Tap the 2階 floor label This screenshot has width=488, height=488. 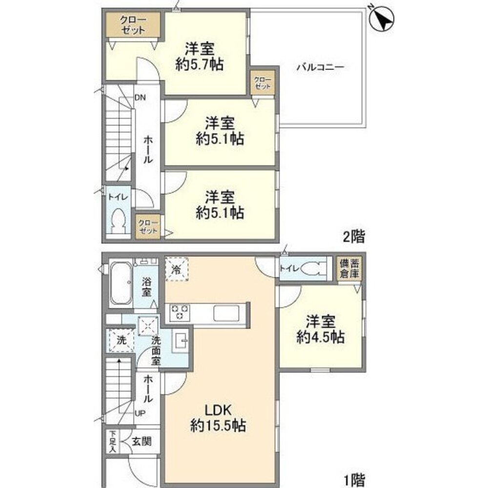pos(354,238)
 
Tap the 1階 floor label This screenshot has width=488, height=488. pos(354,481)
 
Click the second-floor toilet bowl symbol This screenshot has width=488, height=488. pos(118,223)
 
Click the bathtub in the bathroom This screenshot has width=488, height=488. pos(119,284)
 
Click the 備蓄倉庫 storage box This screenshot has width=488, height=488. pos(350,269)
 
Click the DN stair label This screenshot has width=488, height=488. pos(140,97)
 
